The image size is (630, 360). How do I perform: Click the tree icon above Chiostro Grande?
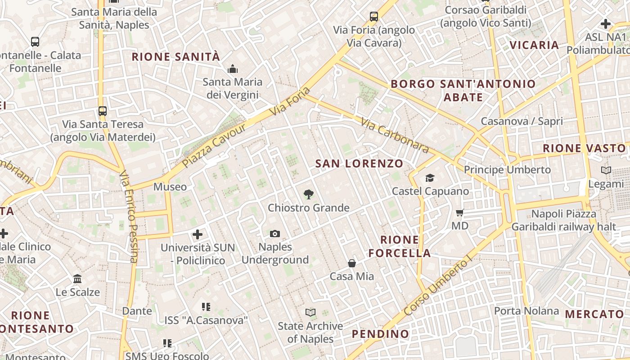[x=308, y=194]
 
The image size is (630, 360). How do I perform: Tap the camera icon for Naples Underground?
[x=275, y=234]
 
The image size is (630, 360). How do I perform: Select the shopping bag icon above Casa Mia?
[x=352, y=263]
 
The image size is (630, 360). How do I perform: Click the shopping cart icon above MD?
[x=459, y=212]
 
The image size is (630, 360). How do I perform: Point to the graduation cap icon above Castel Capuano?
[x=430, y=178]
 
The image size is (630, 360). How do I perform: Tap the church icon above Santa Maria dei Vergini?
[x=233, y=69]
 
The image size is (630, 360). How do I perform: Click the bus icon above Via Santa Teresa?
[x=103, y=111]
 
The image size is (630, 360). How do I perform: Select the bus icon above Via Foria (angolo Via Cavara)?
[x=374, y=17]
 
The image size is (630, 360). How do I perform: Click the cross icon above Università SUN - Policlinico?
[x=198, y=234]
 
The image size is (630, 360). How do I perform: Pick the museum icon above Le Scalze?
[x=77, y=279]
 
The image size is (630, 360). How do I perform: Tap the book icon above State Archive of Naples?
[x=310, y=312]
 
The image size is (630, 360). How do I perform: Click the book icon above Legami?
[x=606, y=171]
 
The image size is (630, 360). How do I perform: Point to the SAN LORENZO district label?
[x=359, y=164]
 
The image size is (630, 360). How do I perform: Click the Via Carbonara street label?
[x=395, y=135]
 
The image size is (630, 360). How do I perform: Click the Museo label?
[x=170, y=187]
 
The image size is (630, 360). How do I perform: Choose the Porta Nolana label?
[x=526, y=311]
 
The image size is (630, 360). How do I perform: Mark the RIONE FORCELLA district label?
[x=400, y=246]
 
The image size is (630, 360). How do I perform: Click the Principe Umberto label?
[x=507, y=170]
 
